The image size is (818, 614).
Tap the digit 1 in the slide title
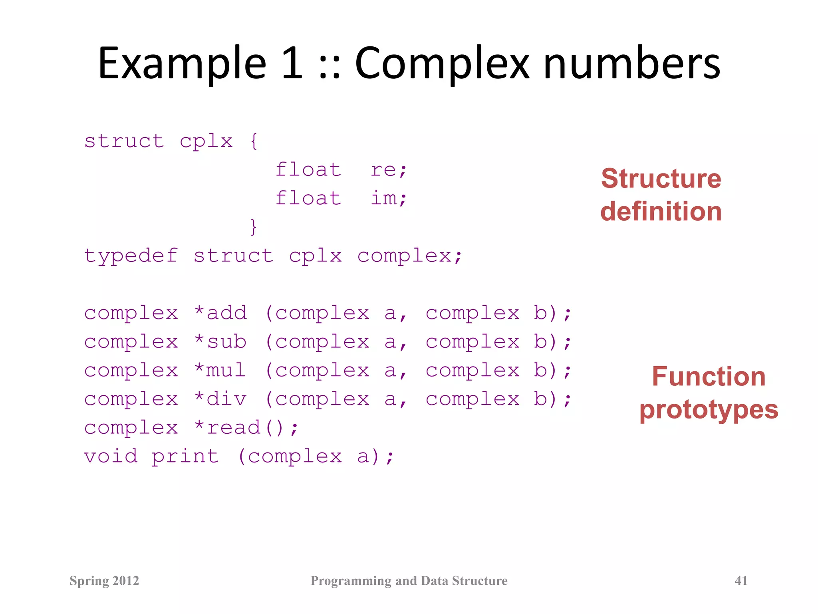pos(292,63)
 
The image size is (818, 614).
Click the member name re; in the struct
pos(388,170)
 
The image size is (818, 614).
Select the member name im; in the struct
pos(388,198)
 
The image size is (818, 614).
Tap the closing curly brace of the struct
pos(253,227)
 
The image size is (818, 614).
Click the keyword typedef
pos(131,256)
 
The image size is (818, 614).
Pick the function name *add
pos(220,313)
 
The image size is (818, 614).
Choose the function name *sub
pos(220,342)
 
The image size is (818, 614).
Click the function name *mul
pos(220,370)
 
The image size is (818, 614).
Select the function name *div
pos(220,399)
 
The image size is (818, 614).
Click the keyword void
pos(111,457)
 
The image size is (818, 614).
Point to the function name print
pos(185,457)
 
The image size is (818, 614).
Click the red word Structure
pos(661,178)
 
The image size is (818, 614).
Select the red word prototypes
pos(709,410)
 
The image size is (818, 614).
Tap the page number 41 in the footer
pos(741,580)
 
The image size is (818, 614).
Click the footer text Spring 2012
pos(104,580)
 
